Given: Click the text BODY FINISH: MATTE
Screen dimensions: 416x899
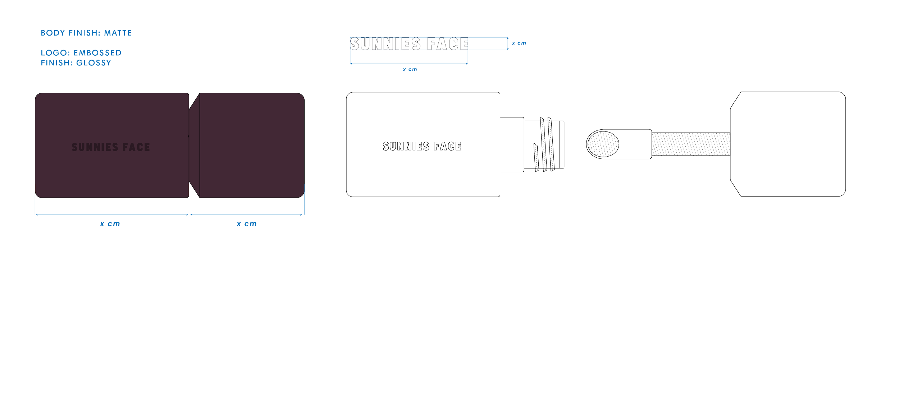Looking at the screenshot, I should pos(86,33).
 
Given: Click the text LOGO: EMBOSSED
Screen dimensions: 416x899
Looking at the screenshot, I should pos(81,53).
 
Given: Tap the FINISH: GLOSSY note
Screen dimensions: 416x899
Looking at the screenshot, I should pos(76,63).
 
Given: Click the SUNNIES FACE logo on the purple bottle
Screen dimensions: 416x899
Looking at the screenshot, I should pos(111,147).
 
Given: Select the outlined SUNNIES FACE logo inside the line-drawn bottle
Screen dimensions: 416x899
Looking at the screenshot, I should pos(421,146).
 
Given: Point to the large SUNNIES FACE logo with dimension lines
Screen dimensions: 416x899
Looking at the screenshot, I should pos(409,44).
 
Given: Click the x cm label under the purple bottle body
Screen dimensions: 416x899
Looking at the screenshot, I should pos(110,224).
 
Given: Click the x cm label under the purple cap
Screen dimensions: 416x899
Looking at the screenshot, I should pos(247,224).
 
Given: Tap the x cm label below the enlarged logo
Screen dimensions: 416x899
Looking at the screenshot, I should pos(410,69).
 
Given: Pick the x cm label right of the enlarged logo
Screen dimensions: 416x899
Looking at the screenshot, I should pos(519,43).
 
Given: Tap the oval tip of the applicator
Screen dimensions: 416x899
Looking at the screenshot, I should pos(603,144).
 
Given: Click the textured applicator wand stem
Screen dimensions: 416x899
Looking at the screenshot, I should pos(690,144).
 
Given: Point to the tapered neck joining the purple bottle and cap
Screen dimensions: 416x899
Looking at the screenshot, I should pos(194,145).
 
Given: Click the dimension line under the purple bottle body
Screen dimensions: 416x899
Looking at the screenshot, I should pos(111,215).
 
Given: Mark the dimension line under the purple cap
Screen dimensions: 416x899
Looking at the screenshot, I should pos(247,215).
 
